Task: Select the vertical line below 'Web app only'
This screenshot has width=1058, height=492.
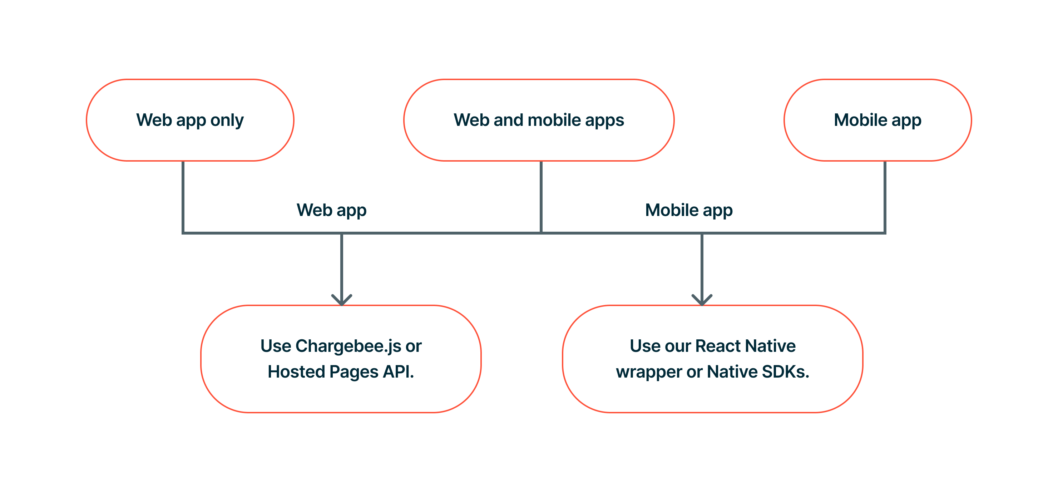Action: point(183,197)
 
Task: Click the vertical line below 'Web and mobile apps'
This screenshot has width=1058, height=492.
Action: point(541,197)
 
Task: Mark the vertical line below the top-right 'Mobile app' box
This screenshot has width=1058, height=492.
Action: point(885,197)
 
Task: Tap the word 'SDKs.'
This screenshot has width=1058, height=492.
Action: point(786,372)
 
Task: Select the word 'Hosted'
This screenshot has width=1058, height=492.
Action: point(297,372)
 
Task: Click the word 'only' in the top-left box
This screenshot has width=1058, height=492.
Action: point(227,120)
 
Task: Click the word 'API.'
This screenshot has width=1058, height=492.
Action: point(399,372)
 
